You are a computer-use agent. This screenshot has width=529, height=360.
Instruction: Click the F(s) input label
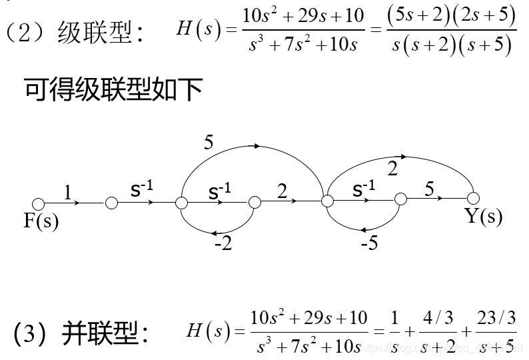pos(41,221)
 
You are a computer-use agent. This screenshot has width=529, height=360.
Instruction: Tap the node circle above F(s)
pos(38,203)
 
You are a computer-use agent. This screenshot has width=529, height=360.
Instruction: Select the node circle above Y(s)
pos(473,198)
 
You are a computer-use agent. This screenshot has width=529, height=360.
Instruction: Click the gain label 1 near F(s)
pos(67,193)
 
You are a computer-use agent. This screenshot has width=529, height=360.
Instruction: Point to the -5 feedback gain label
pos(369,243)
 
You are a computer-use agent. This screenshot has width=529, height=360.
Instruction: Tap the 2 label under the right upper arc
pos(392,169)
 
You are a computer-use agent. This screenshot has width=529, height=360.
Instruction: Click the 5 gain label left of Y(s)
pos(430,189)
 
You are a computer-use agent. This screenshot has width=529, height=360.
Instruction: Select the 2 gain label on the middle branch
pos(282,192)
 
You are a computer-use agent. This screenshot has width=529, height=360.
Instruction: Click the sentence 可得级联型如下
pos(113,89)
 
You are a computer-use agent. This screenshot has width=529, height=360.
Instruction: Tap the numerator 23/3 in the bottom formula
pos(496,319)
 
